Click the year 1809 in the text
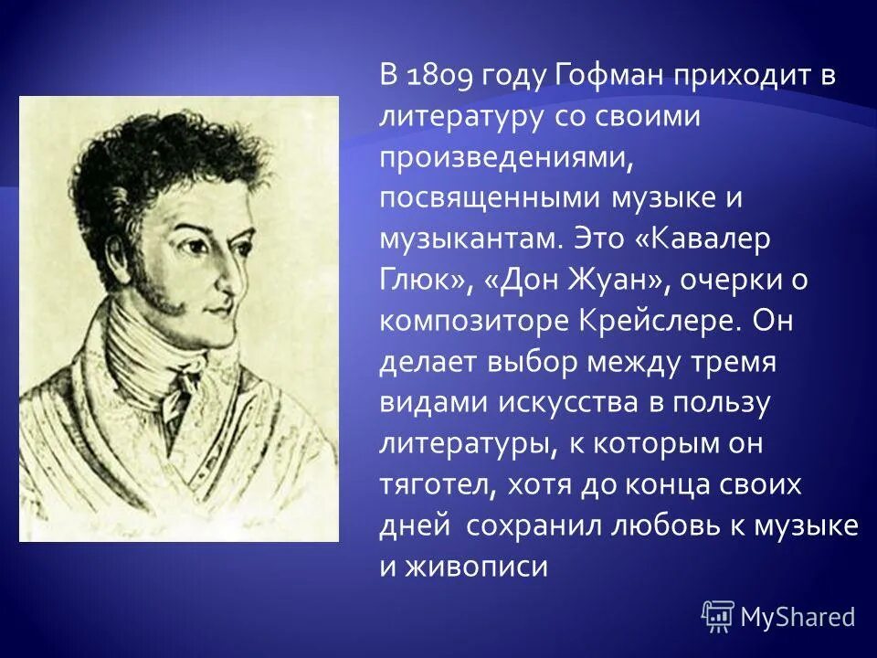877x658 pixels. click(x=439, y=79)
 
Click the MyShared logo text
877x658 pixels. click(x=798, y=617)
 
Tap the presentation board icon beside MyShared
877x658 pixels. click(x=718, y=616)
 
